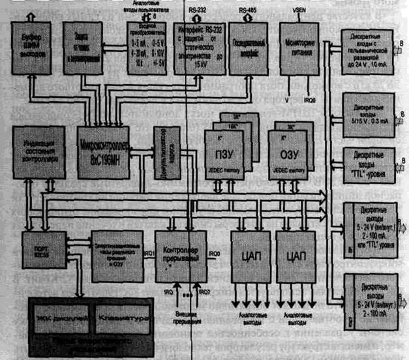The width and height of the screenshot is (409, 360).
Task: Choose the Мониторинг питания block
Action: click(x=302, y=44)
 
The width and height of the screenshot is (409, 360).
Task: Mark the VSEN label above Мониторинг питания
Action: click(x=301, y=10)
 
